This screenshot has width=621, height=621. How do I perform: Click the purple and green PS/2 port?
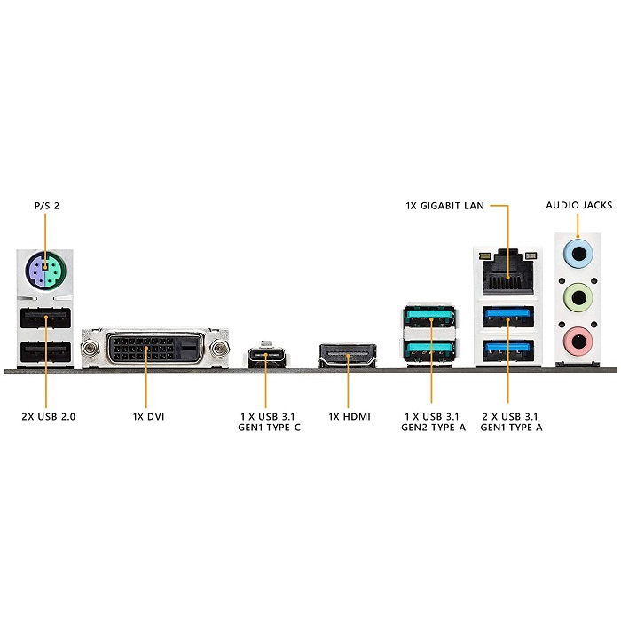(43, 269)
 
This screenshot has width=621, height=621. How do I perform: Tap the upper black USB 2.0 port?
(43, 318)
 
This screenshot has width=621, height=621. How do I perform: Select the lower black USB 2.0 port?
(43, 351)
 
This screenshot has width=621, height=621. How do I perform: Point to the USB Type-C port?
(264, 358)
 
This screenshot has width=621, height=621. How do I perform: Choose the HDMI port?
(347, 358)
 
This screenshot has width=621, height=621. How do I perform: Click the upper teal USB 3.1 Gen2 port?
(430, 318)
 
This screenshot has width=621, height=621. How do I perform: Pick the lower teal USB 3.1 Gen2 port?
(430, 349)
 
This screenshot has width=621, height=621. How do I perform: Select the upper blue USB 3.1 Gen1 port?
(508, 318)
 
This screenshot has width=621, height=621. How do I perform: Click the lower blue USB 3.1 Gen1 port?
(508, 350)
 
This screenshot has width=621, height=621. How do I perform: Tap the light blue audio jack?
(578, 255)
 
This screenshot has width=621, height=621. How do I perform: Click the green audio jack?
(578, 296)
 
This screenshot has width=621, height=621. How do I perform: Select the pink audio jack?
(578, 337)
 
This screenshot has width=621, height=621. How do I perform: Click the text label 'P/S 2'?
(46, 206)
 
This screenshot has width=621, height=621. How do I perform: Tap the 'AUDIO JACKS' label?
(578, 206)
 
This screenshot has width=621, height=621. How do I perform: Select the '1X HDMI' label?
(349, 415)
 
